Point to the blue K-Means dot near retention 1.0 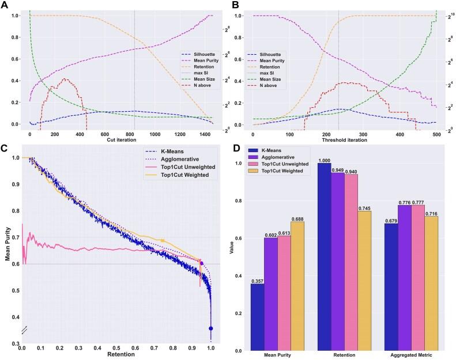click(211, 328)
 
